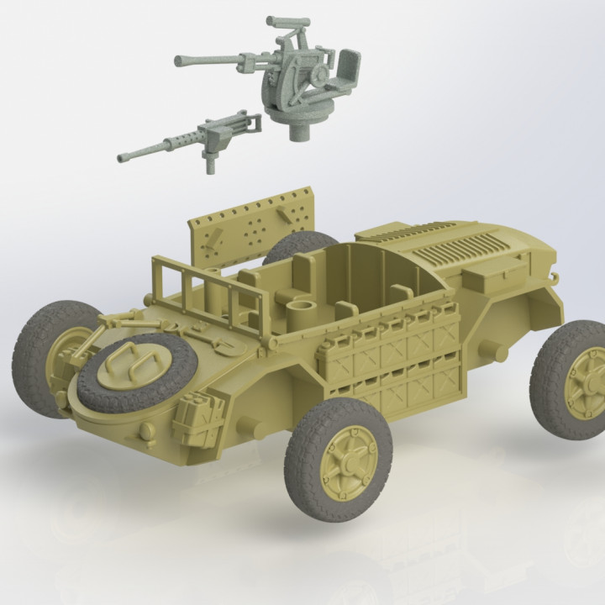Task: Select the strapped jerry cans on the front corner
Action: point(199,413)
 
